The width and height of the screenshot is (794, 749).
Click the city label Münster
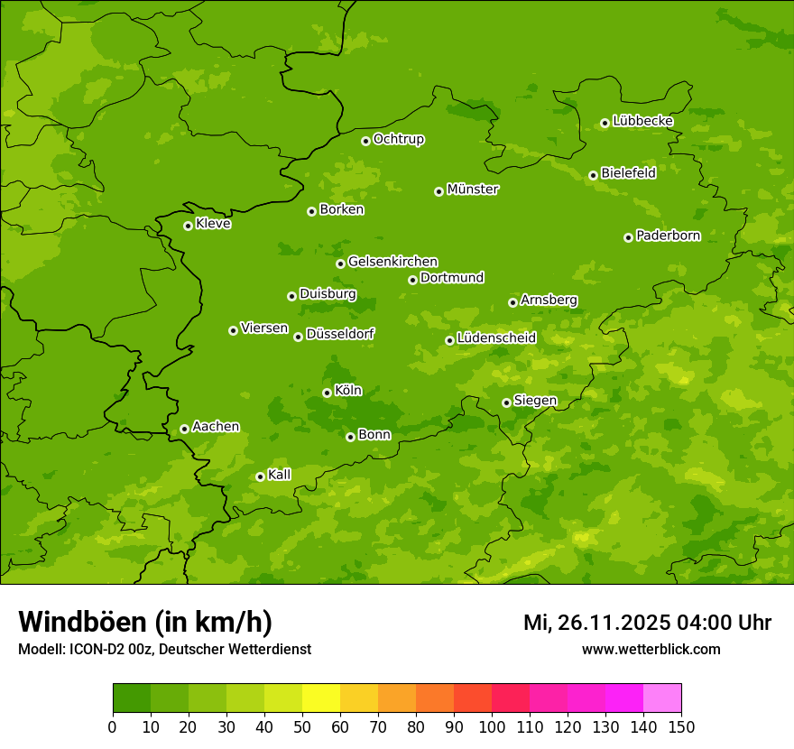tap(472, 190)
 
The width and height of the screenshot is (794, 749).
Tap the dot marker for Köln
tap(327, 393)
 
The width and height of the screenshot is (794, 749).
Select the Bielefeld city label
tap(628, 172)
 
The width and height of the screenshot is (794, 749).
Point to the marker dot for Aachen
tap(184, 429)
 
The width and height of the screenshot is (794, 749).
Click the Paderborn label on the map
tap(668, 236)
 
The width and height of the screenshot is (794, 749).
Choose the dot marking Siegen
tap(506, 402)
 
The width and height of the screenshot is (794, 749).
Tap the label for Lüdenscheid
tap(496, 338)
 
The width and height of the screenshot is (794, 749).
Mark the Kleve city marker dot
tap(188, 226)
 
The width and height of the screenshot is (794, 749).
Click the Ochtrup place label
tap(398, 139)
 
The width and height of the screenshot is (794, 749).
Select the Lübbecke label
tap(642, 121)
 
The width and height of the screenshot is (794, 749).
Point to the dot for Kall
tap(260, 476)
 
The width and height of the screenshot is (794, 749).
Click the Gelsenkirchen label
tap(392, 262)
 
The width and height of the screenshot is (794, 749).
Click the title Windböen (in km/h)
tap(145, 622)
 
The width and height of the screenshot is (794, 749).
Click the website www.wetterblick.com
tap(651, 649)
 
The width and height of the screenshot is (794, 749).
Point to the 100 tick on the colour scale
tap(492, 726)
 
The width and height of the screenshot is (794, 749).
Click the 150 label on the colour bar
tap(681, 726)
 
